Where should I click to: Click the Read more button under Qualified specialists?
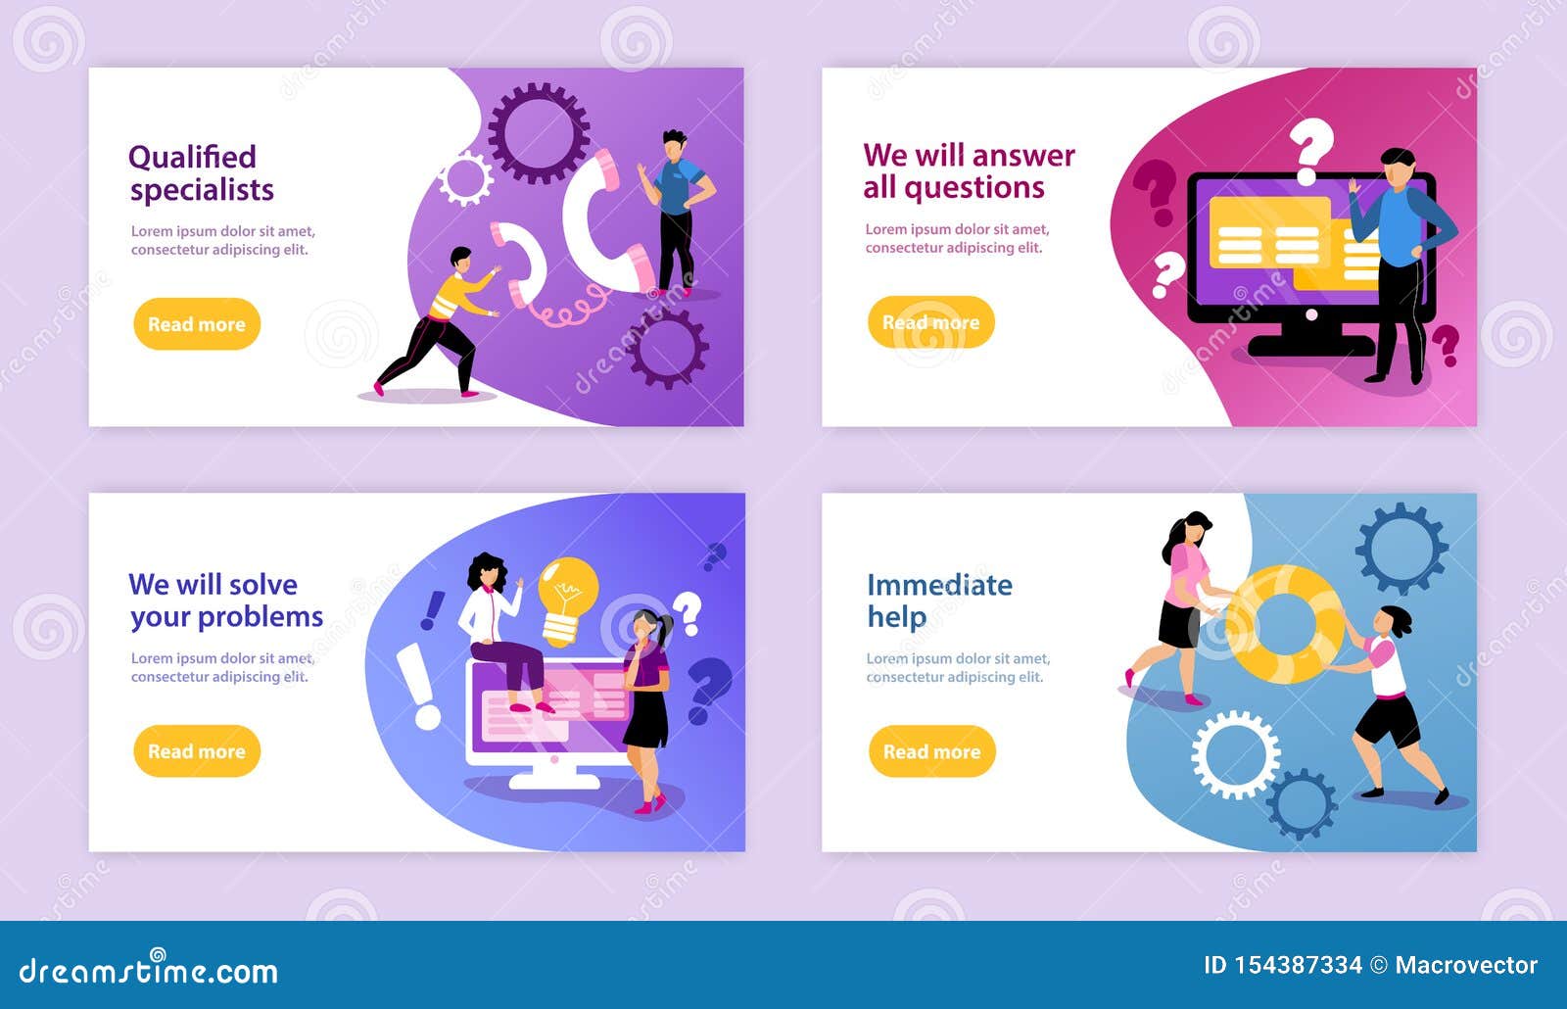pyautogui.click(x=197, y=324)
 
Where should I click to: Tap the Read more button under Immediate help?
pyautogui.click(x=931, y=751)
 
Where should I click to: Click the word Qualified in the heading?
pyautogui.click(x=192, y=157)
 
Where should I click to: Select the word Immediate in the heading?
pyautogui.click(x=939, y=585)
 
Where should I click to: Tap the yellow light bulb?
pyautogui.click(x=567, y=598)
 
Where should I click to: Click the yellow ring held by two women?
pyautogui.click(x=1284, y=624)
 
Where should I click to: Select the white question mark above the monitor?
pyautogui.click(x=1311, y=149)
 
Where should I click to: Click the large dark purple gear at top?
pyautogui.click(x=539, y=133)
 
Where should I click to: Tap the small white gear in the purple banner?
pyautogui.click(x=464, y=179)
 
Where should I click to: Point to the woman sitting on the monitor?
pyautogui.click(x=499, y=627)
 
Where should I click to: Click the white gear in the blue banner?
pyautogui.click(x=1235, y=754)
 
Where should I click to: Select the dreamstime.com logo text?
pyautogui.click(x=149, y=971)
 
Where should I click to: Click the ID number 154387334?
pyautogui.click(x=1297, y=966)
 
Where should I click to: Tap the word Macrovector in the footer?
pyautogui.click(x=1466, y=966)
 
